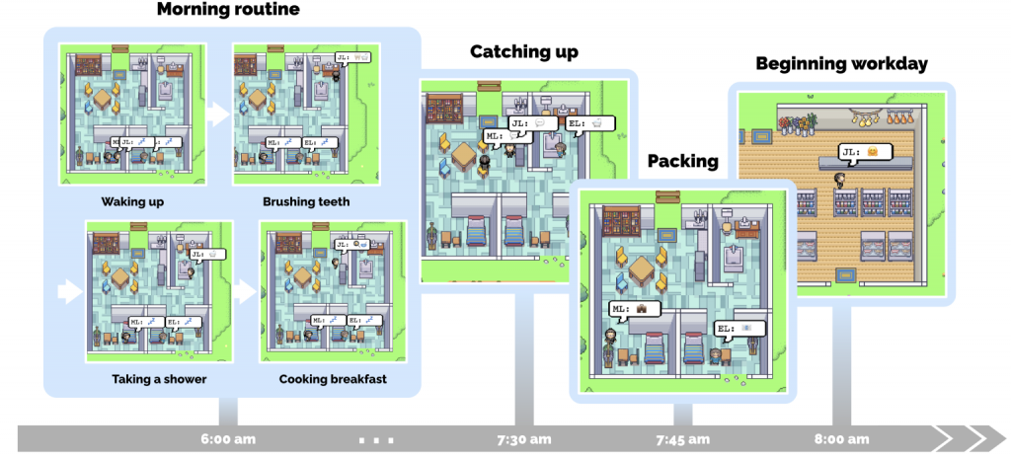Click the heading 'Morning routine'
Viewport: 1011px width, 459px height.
228,11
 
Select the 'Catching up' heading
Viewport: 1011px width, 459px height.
523,51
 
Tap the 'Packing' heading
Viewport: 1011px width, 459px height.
682,161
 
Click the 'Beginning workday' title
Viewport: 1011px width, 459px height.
841,64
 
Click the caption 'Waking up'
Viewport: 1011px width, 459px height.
131,202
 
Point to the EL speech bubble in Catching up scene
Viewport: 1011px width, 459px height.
590,123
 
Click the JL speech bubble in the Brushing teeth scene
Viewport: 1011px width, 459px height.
353,58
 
